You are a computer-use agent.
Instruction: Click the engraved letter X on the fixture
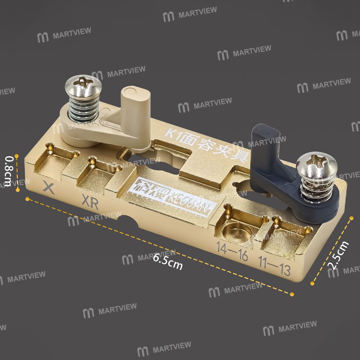pos(49,188)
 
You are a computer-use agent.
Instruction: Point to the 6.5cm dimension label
pos(168,262)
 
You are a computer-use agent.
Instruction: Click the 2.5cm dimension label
pos(338,255)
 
